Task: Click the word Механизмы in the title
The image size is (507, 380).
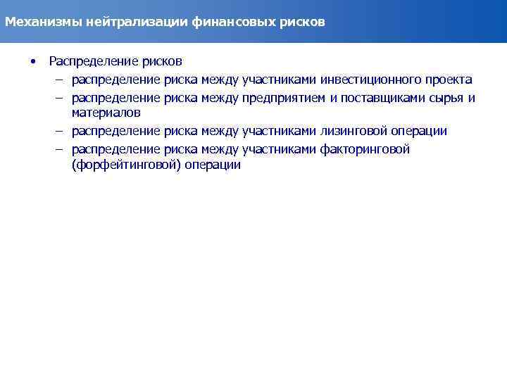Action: click(44, 22)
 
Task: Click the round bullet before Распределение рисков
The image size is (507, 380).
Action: click(32, 61)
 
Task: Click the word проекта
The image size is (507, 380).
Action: click(449, 80)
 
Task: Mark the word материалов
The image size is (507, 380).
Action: click(106, 113)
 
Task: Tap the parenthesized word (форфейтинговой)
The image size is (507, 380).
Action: click(125, 165)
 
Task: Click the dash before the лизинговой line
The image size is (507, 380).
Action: click(61, 131)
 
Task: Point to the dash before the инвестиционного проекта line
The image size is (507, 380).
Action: click(61, 80)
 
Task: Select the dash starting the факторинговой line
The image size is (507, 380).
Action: click(61, 149)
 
